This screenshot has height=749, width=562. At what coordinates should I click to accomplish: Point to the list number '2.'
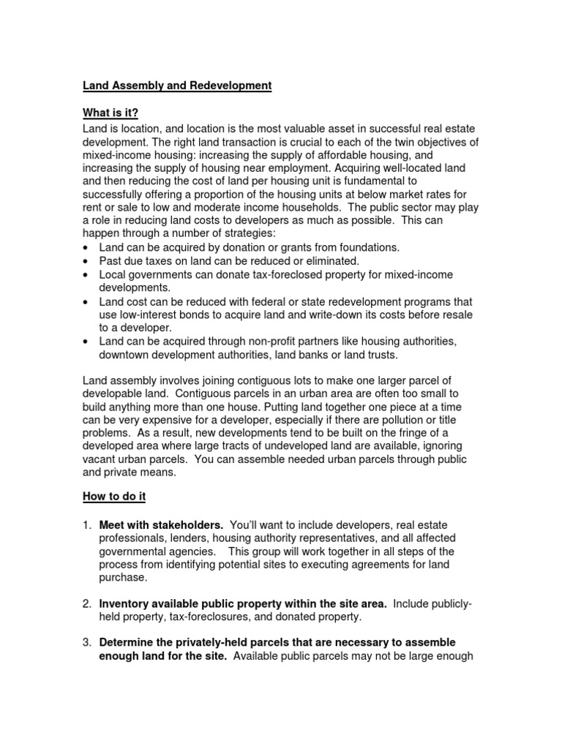coord(86,603)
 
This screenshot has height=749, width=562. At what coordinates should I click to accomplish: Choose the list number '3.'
coord(86,642)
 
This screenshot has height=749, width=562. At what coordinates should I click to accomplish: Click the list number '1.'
coord(86,525)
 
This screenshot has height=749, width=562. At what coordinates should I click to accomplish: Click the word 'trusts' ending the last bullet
coord(383,354)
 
